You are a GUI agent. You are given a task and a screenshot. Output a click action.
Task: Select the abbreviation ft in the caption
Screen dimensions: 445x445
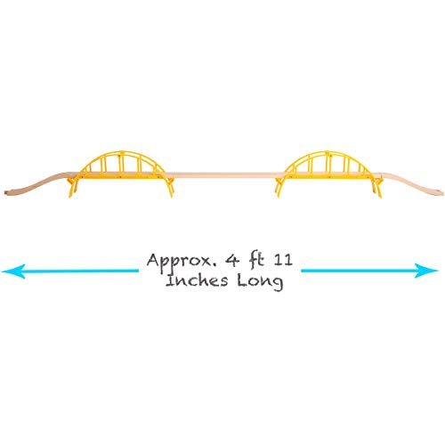point(256,260)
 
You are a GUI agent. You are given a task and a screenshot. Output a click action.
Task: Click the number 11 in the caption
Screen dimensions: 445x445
point(283,260)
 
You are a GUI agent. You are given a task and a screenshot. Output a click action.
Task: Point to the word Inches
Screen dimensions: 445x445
point(197,280)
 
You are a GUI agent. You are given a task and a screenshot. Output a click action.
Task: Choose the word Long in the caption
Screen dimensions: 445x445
point(260,282)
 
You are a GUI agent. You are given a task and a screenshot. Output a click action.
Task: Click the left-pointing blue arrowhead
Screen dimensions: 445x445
point(13,271)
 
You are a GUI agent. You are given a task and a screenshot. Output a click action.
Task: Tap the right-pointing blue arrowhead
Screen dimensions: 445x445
point(426,271)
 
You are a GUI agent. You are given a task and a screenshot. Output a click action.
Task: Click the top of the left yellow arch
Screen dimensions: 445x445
point(120,152)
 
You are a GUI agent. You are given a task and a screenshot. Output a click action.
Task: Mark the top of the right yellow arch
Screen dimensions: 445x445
point(328,152)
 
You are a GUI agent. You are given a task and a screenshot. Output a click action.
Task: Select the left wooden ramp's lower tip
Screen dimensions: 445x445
point(6,192)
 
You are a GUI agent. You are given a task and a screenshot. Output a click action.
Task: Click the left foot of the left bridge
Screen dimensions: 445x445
point(71,195)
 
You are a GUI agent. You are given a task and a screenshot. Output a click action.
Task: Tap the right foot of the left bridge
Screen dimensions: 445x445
point(171,195)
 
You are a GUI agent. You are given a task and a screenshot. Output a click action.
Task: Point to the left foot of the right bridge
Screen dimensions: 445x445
point(278,195)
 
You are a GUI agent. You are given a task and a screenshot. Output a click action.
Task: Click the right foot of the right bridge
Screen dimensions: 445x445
point(379,195)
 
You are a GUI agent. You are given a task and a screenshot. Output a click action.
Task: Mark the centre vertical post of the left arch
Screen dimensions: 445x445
point(121,163)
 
